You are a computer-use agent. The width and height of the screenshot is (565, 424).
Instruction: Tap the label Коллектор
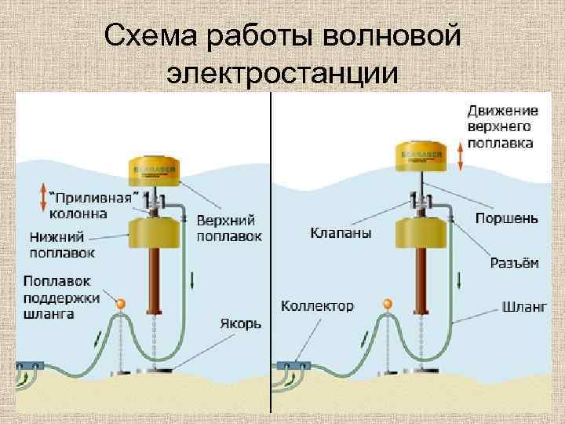click(x=317, y=305)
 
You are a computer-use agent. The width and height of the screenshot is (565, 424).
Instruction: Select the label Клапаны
click(x=340, y=233)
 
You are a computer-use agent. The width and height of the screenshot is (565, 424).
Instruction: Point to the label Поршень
click(x=506, y=217)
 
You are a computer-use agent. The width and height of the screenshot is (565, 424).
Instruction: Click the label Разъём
click(x=514, y=263)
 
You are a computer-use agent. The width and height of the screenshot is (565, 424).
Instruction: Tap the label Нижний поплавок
click(x=63, y=243)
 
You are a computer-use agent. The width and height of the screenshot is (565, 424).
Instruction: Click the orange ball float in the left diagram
click(x=119, y=303)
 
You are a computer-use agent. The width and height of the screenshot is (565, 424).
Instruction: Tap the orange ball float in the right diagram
click(x=386, y=303)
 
